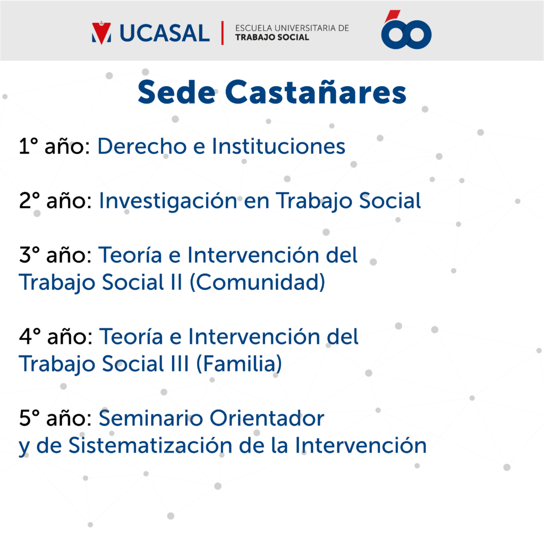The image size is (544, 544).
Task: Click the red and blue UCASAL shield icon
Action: point(101,33)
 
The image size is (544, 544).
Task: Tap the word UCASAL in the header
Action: point(165,33)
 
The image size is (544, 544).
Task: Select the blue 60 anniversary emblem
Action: point(406,30)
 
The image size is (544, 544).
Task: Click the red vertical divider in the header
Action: point(223,33)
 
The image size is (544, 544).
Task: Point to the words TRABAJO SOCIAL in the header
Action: point(272,38)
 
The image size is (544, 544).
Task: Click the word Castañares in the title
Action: point(316,92)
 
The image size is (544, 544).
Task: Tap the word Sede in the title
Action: point(176,92)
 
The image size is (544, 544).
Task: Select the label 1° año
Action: point(55,146)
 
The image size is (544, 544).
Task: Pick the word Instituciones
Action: point(278,146)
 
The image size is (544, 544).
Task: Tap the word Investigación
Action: point(168,201)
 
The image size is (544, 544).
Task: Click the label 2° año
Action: point(55,201)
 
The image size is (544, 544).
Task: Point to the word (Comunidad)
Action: point(258,282)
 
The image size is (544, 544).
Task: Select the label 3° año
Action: point(55,256)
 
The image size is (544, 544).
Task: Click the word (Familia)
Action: point(239,363)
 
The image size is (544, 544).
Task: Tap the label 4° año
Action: point(55,337)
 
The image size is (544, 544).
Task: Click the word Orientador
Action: point(267,418)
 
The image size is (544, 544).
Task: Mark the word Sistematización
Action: point(150,445)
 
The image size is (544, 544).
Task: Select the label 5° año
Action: point(55,419)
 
